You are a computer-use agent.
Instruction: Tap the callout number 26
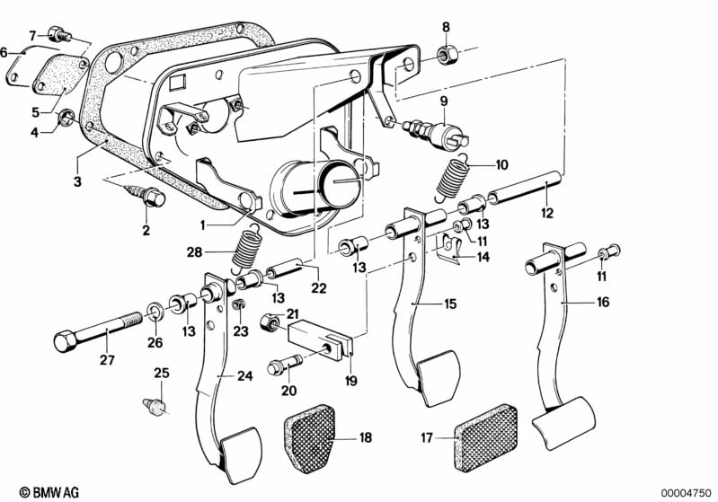155,341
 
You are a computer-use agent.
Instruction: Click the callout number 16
603,303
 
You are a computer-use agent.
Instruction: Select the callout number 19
350,381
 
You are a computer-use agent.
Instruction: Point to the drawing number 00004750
685,492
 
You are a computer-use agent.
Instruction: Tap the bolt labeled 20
279,367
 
